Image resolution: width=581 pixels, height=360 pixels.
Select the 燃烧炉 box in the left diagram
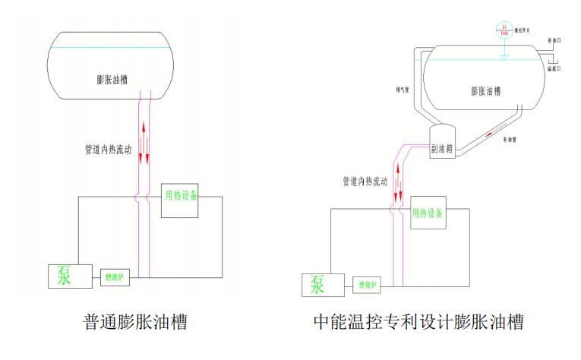pos(114,277)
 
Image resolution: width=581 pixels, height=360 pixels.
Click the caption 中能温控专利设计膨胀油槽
pos(418,322)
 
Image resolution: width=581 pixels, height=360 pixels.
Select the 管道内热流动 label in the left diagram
pos(108,150)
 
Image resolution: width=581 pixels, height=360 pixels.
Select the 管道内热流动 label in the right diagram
pos(364,182)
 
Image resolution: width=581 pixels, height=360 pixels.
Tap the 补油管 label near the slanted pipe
pos(510,141)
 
